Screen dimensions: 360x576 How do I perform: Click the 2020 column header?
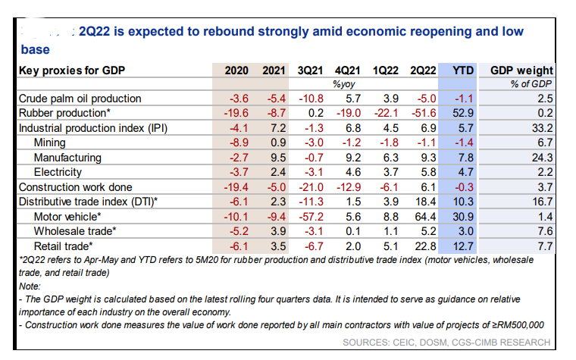pos(236,70)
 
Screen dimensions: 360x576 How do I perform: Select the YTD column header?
pos(462,70)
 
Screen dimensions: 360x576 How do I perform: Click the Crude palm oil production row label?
pos(80,99)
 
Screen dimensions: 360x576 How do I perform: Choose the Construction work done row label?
pos(75,186)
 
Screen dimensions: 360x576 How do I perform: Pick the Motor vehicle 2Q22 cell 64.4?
pos(424,216)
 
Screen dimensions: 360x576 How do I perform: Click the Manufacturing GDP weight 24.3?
pos(541,158)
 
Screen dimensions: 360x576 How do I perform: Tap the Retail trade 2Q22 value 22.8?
pos(424,246)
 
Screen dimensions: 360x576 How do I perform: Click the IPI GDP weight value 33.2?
pos(541,128)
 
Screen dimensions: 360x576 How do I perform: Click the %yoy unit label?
pos(345,84)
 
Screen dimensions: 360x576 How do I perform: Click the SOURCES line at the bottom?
pos(446,343)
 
